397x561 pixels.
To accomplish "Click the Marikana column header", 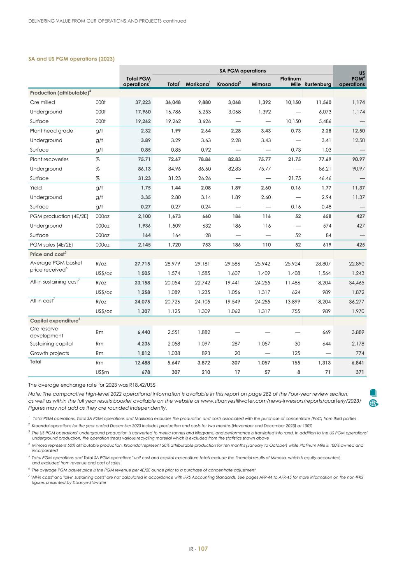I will coord(198,84).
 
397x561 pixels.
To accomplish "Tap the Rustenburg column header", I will coord(318,84).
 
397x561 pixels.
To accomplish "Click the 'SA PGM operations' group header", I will coord(242,71).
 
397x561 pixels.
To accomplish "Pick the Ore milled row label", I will coord(42,102).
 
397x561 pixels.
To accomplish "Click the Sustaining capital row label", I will coord(51,344).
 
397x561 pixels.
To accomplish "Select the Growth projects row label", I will coord(49,353).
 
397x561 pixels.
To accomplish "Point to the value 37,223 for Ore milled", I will coord(143,102).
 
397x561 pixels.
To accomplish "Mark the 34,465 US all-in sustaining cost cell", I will coord(356,283).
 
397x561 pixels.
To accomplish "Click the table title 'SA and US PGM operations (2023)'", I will coord(71,59).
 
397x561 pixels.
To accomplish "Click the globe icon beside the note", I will coord(374,403).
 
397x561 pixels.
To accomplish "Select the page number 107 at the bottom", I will coord(203,549).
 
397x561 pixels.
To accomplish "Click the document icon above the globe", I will coord(374,393).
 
